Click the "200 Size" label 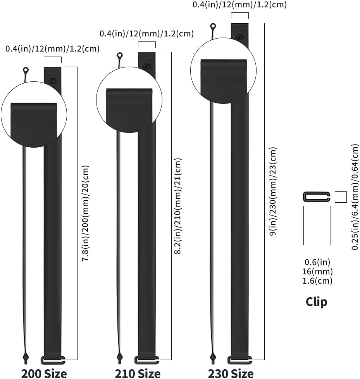point(44,373)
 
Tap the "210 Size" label point(138,373)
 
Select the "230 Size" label point(231,373)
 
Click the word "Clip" point(316,301)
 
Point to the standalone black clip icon point(317,196)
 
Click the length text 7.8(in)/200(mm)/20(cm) point(86,213)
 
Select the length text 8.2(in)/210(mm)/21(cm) point(178,206)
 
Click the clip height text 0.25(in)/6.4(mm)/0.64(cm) point(355,196)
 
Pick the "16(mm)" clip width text point(317,271)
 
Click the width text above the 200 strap point(52,48)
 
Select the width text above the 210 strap point(146,33)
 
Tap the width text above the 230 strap point(239,5)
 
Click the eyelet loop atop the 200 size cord point(26,71)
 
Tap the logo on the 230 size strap point(239,37)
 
